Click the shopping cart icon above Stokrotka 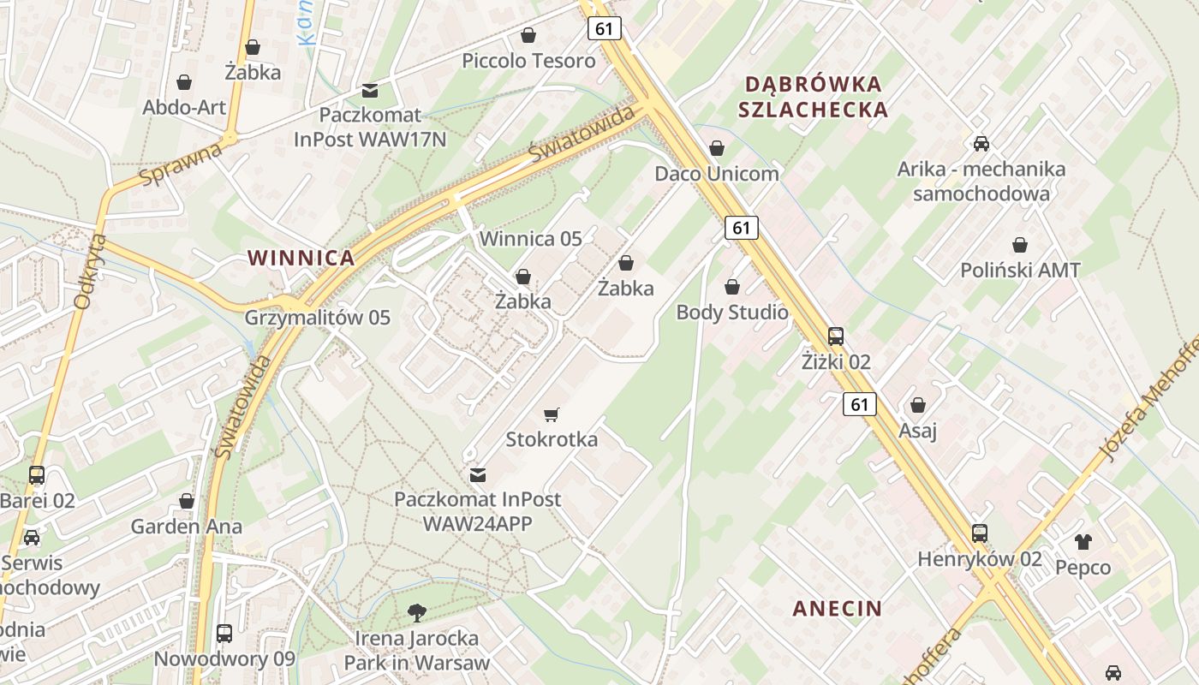coord(552,415)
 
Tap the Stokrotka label coord(552,440)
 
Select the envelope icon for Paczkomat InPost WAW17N coord(370,90)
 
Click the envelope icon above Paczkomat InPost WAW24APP coord(478,474)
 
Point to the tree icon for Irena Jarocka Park coord(417,612)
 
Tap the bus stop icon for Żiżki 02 coord(836,337)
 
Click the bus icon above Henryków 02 coord(980,533)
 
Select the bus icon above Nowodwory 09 coord(224,634)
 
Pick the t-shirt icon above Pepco coord(1083,541)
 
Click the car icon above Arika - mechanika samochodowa coord(981,144)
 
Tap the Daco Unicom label coord(717,174)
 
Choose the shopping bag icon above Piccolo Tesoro coord(528,36)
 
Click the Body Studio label coord(732,313)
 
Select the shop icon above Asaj coord(918,405)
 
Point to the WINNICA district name coord(301,258)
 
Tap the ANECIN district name coord(837,609)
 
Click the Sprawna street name coord(180,165)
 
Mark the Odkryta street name coord(89,271)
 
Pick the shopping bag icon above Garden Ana coord(187,501)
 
